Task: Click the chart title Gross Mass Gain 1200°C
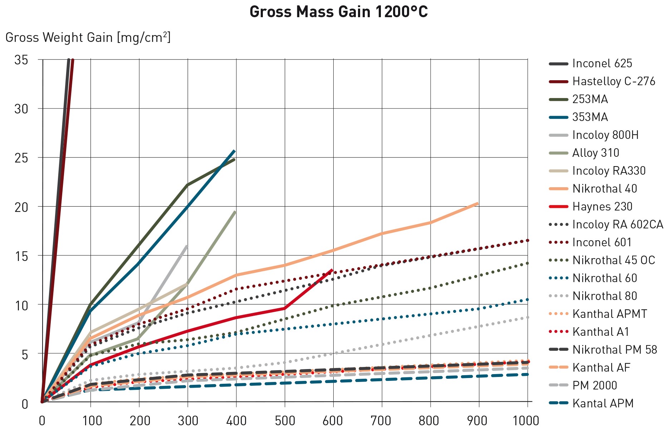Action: (x=338, y=12)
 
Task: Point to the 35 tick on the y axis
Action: (x=21, y=60)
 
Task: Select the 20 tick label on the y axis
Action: (x=21, y=207)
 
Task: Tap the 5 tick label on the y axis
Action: (x=24, y=355)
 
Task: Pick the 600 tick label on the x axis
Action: (x=333, y=420)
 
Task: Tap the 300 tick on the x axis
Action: (x=188, y=420)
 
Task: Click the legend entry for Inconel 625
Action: (x=602, y=63)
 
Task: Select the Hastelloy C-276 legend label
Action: (x=614, y=81)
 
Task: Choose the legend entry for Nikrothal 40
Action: (x=604, y=189)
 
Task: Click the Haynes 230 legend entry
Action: (x=602, y=207)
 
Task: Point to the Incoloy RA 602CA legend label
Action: (x=618, y=224)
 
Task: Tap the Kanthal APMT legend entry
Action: (x=609, y=314)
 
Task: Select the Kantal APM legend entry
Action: (x=603, y=403)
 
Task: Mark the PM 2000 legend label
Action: (x=594, y=386)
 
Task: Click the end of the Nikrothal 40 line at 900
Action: (x=478, y=203)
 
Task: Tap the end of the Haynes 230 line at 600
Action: (x=333, y=270)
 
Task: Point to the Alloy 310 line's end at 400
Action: (x=235, y=212)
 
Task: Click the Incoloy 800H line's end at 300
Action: (x=187, y=246)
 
